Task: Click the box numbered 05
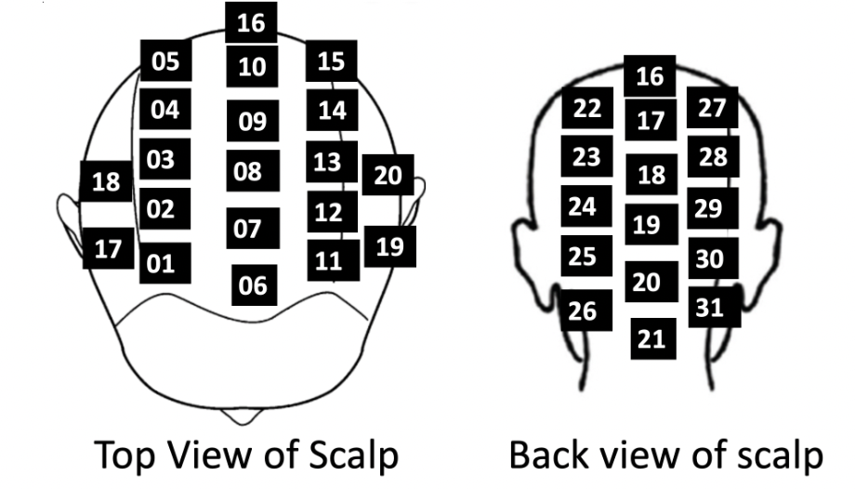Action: [x=166, y=62]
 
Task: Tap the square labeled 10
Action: [x=251, y=66]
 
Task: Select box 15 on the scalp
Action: [x=331, y=62]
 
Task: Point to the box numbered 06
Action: [x=253, y=285]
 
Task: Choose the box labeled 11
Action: [x=330, y=260]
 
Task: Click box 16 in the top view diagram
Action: [x=251, y=23]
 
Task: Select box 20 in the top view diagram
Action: [x=388, y=175]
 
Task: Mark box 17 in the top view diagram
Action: [x=109, y=249]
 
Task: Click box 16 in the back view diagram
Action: [x=651, y=76]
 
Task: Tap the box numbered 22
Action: [x=586, y=109]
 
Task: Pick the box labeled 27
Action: [x=712, y=108]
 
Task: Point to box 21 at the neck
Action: [x=651, y=339]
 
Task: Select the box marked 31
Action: [x=713, y=307]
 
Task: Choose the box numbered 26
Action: [x=585, y=311]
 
